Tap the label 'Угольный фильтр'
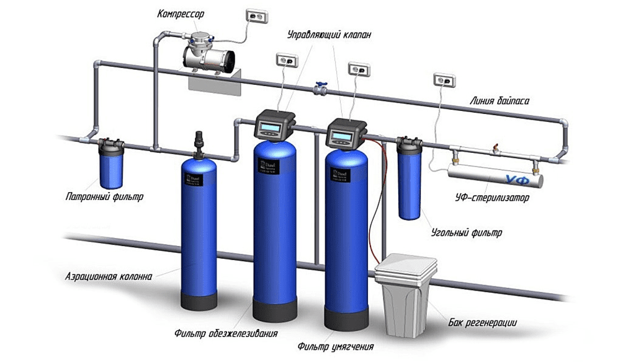[466, 234]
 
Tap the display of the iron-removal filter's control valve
[272, 128]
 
